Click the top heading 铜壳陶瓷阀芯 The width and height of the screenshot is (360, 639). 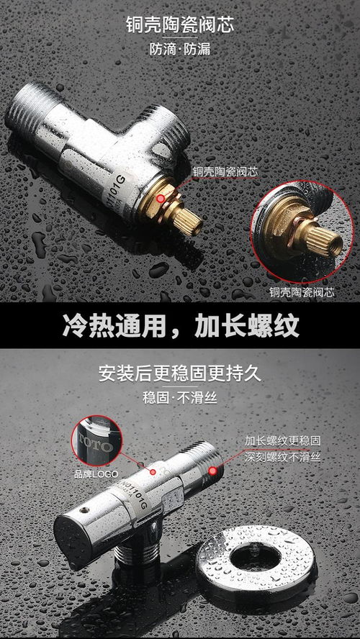tap(179, 27)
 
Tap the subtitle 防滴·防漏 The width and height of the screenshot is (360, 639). tap(179, 51)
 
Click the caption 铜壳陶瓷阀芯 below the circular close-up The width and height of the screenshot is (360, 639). tap(302, 292)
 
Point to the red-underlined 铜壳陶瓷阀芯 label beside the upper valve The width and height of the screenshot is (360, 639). tap(224, 172)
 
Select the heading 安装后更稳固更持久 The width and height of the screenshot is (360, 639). tap(179, 374)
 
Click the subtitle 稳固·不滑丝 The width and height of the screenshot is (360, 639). tap(179, 398)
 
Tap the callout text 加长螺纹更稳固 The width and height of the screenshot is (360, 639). tap(282, 440)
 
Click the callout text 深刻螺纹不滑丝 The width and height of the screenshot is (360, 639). tap(282, 456)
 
